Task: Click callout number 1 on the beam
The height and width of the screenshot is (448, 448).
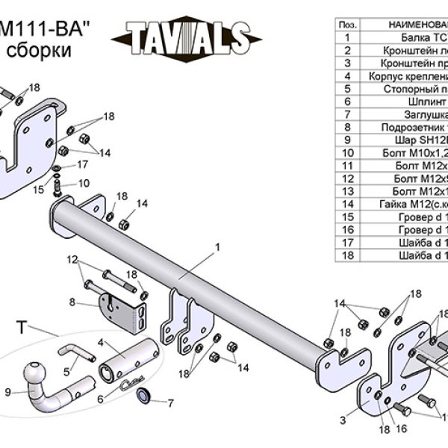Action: pos(217,246)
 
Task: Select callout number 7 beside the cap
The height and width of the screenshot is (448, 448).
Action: pos(170,403)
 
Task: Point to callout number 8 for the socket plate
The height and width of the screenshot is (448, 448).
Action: pos(72,302)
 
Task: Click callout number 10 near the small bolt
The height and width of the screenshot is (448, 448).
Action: pos(84,183)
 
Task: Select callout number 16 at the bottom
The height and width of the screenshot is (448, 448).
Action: pos(400,429)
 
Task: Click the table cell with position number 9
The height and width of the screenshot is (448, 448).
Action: pos(347,140)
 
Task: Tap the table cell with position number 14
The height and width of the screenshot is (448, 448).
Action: pos(347,203)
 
